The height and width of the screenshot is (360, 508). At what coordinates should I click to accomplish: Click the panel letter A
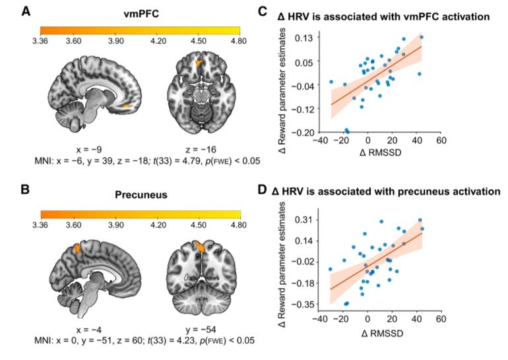pyautogui.click(x=26, y=12)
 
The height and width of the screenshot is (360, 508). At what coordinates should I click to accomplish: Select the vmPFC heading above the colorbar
pyautogui.click(x=141, y=14)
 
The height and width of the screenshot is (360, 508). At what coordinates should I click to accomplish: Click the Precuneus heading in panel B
pyautogui.click(x=141, y=195)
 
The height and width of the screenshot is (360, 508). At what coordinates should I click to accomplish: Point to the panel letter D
pyautogui.click(x=262, y=190)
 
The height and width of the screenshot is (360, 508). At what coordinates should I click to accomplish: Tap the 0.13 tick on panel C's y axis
pyautogui.click(x=303, y=38)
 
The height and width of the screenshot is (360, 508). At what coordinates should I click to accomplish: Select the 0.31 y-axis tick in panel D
pyautogui.click(x=303, y=220)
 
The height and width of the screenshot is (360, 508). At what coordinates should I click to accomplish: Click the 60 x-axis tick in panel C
pyautogui.click(x=441, y=140)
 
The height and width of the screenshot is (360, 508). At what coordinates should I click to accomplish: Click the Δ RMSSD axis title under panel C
pyautogui.click(x=381, y=152)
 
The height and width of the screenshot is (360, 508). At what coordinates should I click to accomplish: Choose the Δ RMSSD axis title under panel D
pyautogui.click(x=382, y=333)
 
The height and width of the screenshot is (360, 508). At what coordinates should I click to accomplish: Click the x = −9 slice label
pyautogui.click(x=89, y=150)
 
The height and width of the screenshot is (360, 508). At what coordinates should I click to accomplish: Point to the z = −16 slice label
pyautogui.click(x=201, y=150)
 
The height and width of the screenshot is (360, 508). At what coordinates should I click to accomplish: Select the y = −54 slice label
pyautogui.click(x=201, y=330)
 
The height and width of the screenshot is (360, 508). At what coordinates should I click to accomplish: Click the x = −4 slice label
pyautogui.click(x=89, y=330)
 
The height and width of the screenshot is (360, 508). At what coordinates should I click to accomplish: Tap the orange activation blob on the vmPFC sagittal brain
pyautogui.click(x=126, y=105)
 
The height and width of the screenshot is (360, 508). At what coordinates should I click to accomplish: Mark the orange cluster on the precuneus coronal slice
pyautogui.click(x=200, y=247)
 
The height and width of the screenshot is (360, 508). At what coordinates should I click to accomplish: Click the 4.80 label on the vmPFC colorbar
pyautogui.click(x=239, y=41)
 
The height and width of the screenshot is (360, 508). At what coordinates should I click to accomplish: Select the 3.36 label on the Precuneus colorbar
pyautogui.click(x=40, y=225)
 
